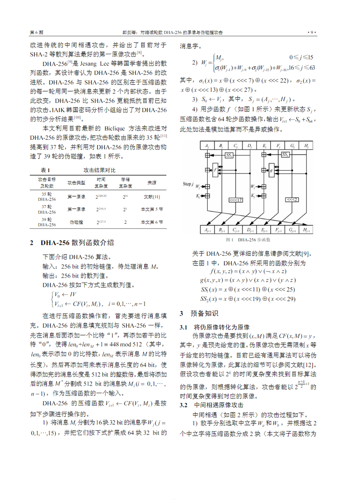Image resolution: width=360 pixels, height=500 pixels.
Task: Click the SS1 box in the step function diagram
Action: coord(229,155)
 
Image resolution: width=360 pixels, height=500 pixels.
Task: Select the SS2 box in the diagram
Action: coord(285,155)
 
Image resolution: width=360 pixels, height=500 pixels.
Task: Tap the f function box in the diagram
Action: coord(215,170)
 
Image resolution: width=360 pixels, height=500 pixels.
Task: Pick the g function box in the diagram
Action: coord(271,170)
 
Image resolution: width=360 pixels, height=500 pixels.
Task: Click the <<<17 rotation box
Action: coord(236,200)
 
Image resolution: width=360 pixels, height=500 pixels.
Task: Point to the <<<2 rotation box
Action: coord(292,200)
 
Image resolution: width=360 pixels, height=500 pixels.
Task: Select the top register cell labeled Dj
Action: coord(249,145)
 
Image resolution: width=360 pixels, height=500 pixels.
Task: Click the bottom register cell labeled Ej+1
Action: coord(264,230)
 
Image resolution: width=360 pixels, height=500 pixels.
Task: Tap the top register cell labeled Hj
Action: coord(306,145)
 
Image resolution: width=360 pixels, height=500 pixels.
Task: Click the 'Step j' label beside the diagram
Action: coord(188,184)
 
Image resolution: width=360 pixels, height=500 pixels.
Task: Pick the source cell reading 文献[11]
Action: coord(152,197)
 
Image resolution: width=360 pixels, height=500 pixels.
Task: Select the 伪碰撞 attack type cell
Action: coord(76,222)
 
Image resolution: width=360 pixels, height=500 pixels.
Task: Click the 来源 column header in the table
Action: coord(152,183)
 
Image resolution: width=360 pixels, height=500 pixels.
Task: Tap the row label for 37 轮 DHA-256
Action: coord(47,209)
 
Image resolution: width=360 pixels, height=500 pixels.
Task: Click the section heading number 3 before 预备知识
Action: coord(182,313)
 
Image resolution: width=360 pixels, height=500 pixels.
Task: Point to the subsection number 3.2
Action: coord(183,405)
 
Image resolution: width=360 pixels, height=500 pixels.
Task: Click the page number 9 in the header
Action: coord(311,33)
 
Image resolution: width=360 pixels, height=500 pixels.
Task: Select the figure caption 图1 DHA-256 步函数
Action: coord(248,240)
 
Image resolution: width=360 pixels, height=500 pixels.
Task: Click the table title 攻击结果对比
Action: coord(99,170)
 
